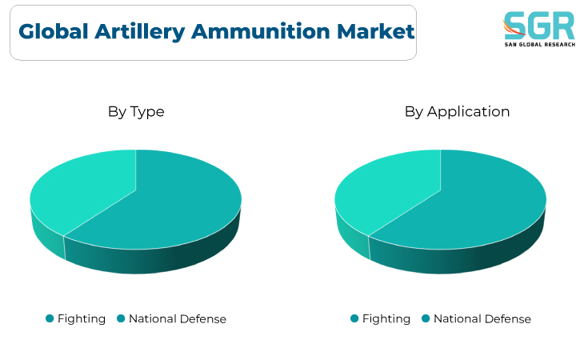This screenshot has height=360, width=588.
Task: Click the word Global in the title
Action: [x=54, y=31]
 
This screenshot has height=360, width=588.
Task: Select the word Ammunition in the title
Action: [x=261, y=31]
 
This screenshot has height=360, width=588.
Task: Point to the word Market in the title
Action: [x=375, y=31]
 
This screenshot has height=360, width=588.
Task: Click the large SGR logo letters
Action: [x=539, y=25]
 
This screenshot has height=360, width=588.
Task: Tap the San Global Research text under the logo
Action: [x=540, y=44]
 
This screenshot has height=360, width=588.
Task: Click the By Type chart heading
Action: [x=136, y=112]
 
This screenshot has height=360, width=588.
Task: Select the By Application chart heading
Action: [x=457, y=112]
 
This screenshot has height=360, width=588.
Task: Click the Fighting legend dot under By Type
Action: [x=50, y=318]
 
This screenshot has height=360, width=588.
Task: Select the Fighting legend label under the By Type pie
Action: [x=82, y=319]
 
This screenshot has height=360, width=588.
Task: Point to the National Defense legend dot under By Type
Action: [x=121, y=318]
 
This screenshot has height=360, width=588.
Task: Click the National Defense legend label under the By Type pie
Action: [x=178, y=318]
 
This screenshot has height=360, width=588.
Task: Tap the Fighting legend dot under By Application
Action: [x=354, y=318]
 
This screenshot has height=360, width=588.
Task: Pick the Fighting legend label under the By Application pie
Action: [x=386, y=319]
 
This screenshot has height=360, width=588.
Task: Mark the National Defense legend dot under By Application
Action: [x=426, y=318]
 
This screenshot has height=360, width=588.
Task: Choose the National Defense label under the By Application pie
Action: [x=482, y=318]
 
